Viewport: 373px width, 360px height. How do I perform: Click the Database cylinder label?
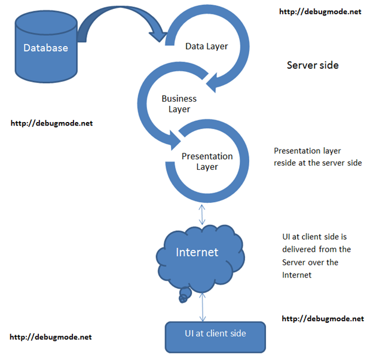45,48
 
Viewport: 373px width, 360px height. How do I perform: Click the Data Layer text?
206,45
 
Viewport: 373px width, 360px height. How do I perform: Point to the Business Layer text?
179,103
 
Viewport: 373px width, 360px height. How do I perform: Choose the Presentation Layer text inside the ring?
207,161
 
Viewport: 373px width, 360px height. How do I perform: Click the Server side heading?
313,65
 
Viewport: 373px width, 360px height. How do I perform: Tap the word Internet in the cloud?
197,252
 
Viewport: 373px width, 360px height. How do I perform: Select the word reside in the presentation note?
284,163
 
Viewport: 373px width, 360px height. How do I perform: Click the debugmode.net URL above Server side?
320,11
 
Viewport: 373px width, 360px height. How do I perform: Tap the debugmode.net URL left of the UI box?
52,337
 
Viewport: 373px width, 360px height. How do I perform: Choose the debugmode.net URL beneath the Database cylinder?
52,123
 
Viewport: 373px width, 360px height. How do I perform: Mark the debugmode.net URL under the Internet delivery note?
322,319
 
